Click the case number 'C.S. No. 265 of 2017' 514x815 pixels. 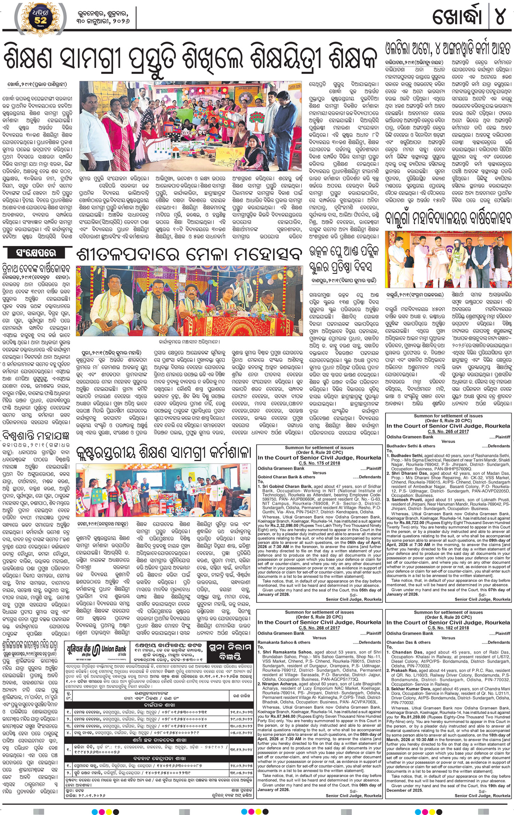click(x=448, y=431)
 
